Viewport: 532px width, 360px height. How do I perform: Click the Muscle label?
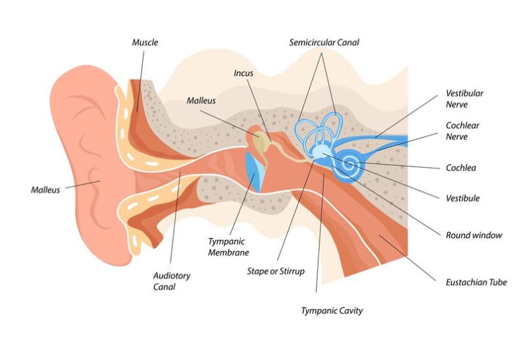coord(145,43)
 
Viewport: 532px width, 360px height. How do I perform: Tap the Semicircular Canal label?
coord(324,43)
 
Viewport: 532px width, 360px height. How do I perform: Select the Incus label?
coord(243,73)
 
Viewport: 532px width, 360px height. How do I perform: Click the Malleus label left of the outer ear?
coord(45,190)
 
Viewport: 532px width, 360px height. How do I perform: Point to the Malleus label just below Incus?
coord(200,101)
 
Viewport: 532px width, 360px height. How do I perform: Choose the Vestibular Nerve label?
coord(465,99)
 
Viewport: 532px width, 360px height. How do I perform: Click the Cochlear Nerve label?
coord(464,131)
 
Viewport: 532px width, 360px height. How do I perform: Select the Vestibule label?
coord(462,198)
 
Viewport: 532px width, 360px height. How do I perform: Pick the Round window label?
coord(474,235)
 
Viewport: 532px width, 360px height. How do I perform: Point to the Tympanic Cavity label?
coord(332,311)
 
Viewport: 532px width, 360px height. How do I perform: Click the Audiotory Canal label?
coord(172,281)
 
